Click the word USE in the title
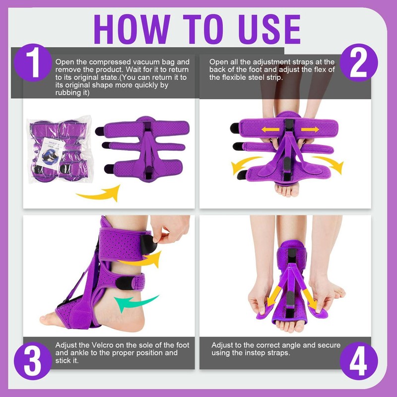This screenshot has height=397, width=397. coord(269,29)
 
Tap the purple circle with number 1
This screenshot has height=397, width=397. coord(33,63)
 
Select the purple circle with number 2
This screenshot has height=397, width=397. coord(358,63)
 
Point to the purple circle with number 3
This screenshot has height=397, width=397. coord(33,361)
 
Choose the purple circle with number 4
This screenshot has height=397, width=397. coord(358,361)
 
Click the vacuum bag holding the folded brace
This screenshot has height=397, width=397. coord(60,149)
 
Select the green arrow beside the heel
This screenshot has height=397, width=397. coord(134,303)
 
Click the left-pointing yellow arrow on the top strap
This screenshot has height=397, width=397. coord(270,130)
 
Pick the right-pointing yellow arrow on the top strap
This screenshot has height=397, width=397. coord(310,130)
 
